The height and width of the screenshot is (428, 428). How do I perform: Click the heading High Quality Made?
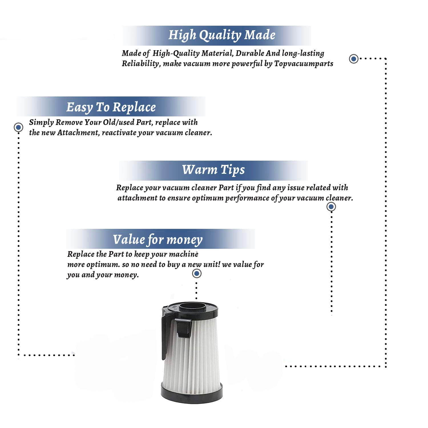(x=222, y=35)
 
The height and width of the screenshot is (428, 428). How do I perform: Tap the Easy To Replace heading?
(x=111, y=107)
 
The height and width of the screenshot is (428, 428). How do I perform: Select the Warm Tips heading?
(x=213, y=170)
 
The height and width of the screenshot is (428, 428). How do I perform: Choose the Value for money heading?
(x=158, y=240)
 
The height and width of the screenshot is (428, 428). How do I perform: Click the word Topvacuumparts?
(x=304, y=64)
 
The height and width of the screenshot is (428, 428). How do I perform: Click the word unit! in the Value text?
(x=211, y=265)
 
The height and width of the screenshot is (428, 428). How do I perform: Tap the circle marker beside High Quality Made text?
(x=354, y=59)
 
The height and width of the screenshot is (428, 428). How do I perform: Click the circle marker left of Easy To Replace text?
(x=19, y=127)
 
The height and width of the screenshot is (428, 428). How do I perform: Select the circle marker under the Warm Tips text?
(x=331, y=207)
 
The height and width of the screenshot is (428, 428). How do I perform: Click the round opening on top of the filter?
(x=193, y=307)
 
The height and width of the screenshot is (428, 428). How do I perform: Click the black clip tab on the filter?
(x=183, y=328)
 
